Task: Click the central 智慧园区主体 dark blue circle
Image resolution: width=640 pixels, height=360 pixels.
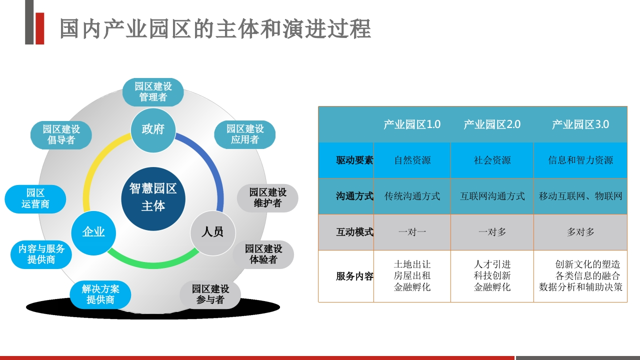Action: point(153,199)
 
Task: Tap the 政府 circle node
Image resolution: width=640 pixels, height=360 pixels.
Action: point(153,130)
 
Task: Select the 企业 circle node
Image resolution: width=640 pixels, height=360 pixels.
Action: point(93,233)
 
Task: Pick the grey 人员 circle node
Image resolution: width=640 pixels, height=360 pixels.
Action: point(213,233)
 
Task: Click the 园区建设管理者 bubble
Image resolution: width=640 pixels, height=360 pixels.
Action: point(153,92)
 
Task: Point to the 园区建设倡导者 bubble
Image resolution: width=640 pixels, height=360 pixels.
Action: point(61,135)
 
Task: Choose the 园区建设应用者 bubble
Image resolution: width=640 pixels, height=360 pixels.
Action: point(245,134)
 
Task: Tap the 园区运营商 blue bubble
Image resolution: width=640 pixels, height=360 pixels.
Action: point(35,199)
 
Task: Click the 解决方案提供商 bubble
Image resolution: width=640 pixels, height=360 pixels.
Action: point(100,294)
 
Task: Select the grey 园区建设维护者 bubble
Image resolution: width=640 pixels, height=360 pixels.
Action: point(267,198)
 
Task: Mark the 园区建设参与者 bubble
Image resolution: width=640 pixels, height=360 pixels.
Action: point(210,294)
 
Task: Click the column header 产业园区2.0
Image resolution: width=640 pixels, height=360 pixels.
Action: point(492,124)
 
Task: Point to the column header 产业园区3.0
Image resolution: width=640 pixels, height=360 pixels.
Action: point(580,124)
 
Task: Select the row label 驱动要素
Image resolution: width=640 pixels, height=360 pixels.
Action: point(354,160)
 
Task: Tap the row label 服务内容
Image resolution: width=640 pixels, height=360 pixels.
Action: point(354,276)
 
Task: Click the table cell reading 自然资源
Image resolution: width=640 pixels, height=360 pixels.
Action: point(412,160)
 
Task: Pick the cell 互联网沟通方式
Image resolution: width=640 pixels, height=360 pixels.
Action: point(492,196)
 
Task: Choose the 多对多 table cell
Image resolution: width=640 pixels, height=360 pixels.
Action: point(580,232)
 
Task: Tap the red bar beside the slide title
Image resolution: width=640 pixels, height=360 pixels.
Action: point(39,28)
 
